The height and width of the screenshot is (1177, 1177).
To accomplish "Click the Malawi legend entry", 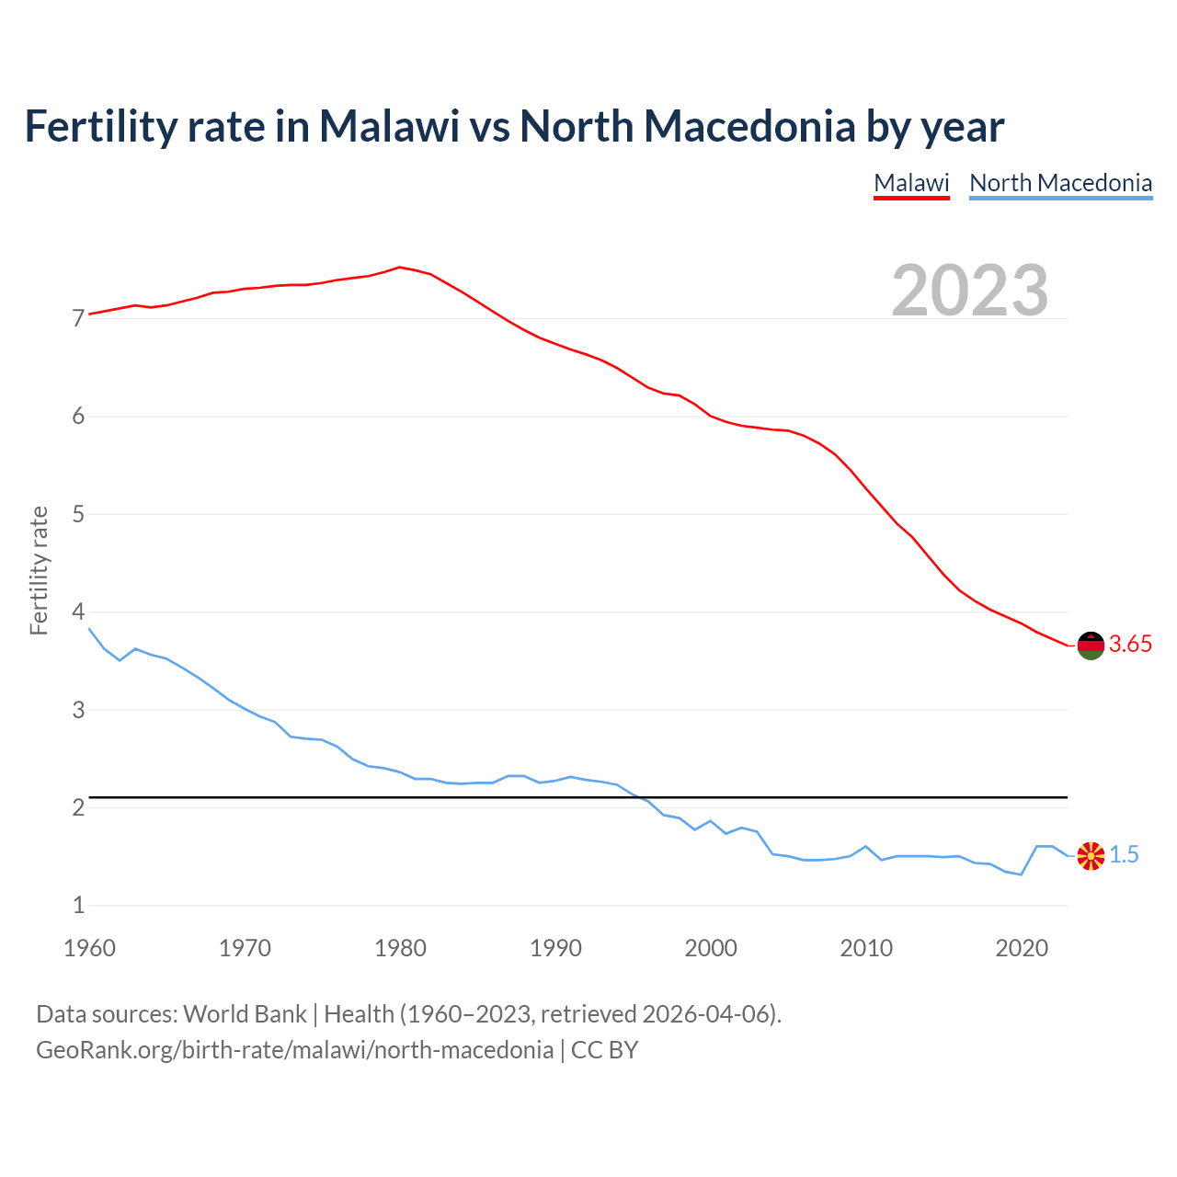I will coord(910,183).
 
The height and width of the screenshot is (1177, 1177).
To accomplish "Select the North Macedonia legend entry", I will coord(1060,183).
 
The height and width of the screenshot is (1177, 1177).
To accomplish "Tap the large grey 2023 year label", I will coord(969,291).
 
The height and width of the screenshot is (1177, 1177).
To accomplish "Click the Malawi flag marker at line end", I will coord(1090,646).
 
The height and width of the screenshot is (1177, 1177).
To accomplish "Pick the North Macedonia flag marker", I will coord(1090,855).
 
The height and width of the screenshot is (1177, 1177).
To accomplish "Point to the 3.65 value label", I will coord(1130,645).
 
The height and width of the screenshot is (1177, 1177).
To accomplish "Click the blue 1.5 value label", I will coord(1124,855).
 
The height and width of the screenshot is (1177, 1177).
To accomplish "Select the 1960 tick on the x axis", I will coord(89,948).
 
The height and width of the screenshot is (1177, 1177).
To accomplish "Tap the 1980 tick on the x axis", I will coord(400,948).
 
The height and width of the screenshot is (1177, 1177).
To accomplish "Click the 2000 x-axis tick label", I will coord(711,948).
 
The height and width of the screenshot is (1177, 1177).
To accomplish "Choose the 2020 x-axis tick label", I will coord(1022,948).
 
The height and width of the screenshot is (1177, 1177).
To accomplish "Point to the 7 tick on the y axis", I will coord(78,319).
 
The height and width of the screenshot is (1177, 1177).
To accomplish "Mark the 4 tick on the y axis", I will coord(78,612).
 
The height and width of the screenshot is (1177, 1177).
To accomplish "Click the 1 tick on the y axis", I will coord(78,906).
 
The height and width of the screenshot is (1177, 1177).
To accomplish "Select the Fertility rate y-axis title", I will coord(39,570).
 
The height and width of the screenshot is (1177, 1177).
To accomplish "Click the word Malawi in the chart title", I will coord(389,127).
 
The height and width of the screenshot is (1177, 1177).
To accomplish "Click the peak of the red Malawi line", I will coord(399,268).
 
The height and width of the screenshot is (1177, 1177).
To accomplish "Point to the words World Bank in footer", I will coord(245,1014).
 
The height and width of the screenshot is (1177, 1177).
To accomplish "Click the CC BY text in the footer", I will coord(604,1050).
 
